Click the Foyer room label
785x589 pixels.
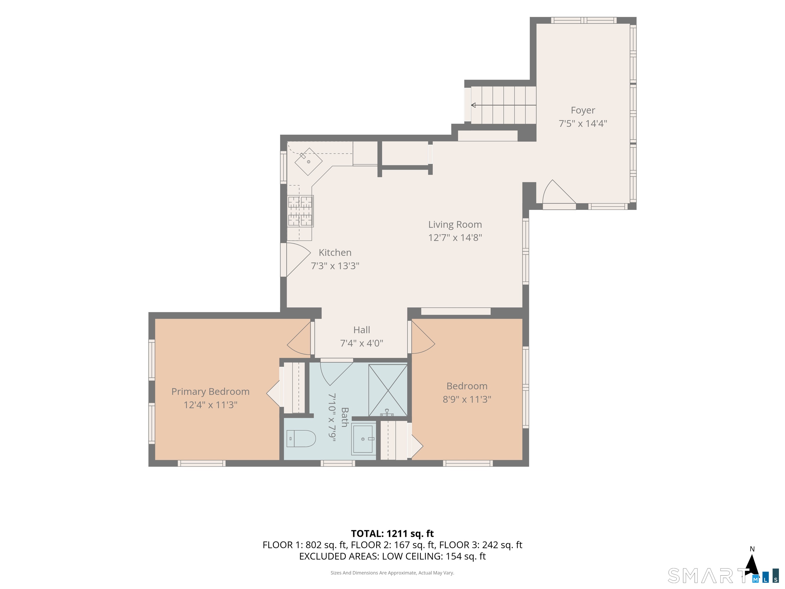(583, 110)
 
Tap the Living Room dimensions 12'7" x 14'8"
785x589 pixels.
(455, 237)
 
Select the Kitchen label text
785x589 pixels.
(335, 252)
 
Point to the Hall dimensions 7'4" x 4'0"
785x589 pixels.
(362, 343)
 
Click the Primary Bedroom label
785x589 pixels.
(211, 392)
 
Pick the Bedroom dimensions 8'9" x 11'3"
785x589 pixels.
(467, 399)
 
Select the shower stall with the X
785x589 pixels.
(388, 390)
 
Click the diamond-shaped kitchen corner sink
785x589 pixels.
(308, 162)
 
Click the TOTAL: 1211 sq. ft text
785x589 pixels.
(392, 534)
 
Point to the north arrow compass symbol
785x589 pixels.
(752, 565)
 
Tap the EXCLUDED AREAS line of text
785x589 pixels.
(392, 556)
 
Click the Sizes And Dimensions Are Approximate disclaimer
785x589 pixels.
(392, 573)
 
